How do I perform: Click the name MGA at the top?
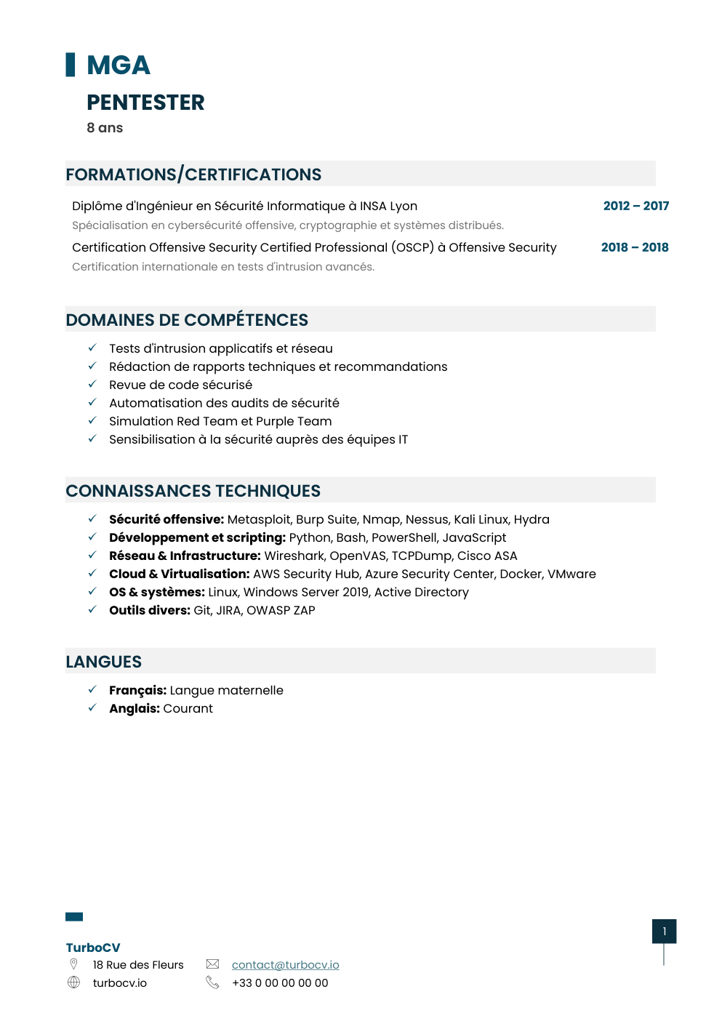click(118, 65)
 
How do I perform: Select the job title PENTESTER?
click(145, 103)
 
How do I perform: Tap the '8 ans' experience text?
click(105, 128)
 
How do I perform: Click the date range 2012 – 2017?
click(635, 206)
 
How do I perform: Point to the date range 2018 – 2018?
click(635, 247)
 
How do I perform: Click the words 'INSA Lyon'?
click(388, 206)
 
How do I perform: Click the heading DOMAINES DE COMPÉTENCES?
click(187, 320)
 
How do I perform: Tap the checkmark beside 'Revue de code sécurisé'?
click(92, 384)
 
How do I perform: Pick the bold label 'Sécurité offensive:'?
click(167, 519)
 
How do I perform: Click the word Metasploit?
click(260, 519)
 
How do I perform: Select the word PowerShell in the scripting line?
click(404, 537)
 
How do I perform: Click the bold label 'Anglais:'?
click(135, 708)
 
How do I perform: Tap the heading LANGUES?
click(104, 662)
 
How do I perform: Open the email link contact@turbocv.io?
click(285, 965)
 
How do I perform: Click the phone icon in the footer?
click(212, 982)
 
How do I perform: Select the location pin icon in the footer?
click(73, 964)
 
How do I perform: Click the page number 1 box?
click(664, 932)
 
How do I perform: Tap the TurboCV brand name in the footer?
click(93, 948)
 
